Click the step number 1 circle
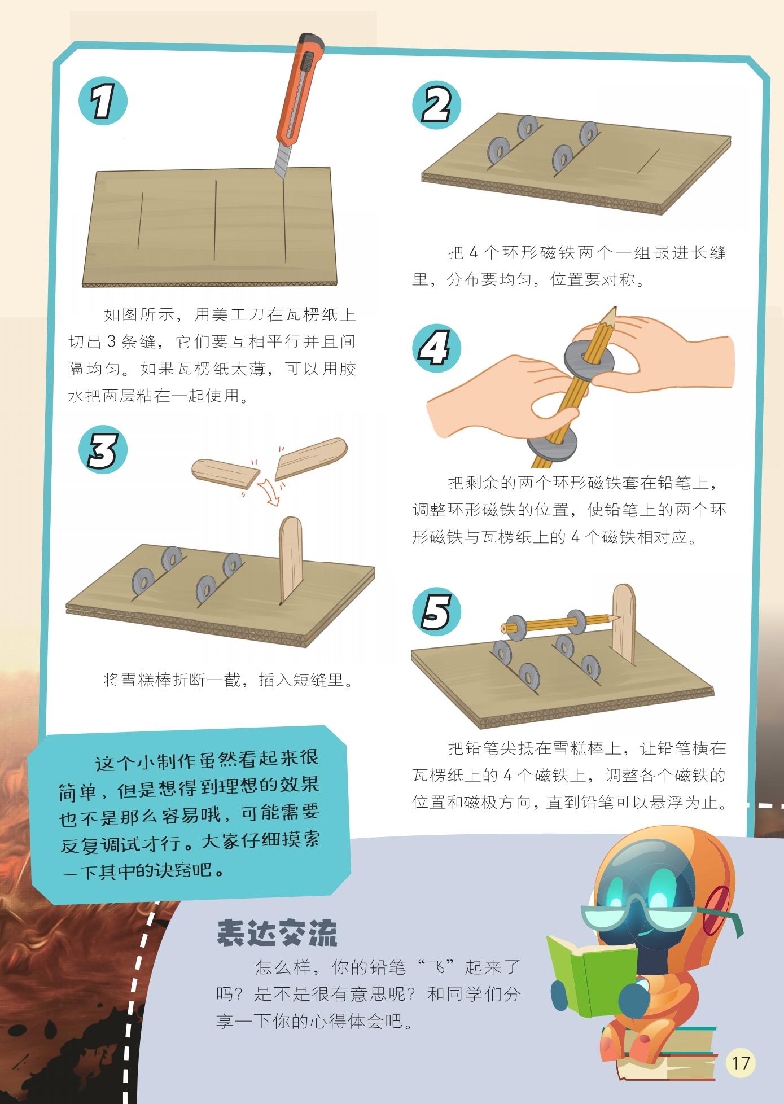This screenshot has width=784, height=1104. (x=103, y=102)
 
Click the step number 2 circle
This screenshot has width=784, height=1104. (x=436, y=106)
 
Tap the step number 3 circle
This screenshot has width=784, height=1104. (x=103, y=450)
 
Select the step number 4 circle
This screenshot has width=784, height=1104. (x=436, y=348)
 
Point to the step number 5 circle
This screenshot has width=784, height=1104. (x=436, y=612)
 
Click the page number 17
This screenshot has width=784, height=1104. (x=741, y=1063)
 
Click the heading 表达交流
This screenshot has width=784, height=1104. (x=277, y=933)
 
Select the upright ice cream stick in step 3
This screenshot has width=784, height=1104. (x=291, y=559)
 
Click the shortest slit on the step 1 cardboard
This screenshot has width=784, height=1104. (x=140, y=220)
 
